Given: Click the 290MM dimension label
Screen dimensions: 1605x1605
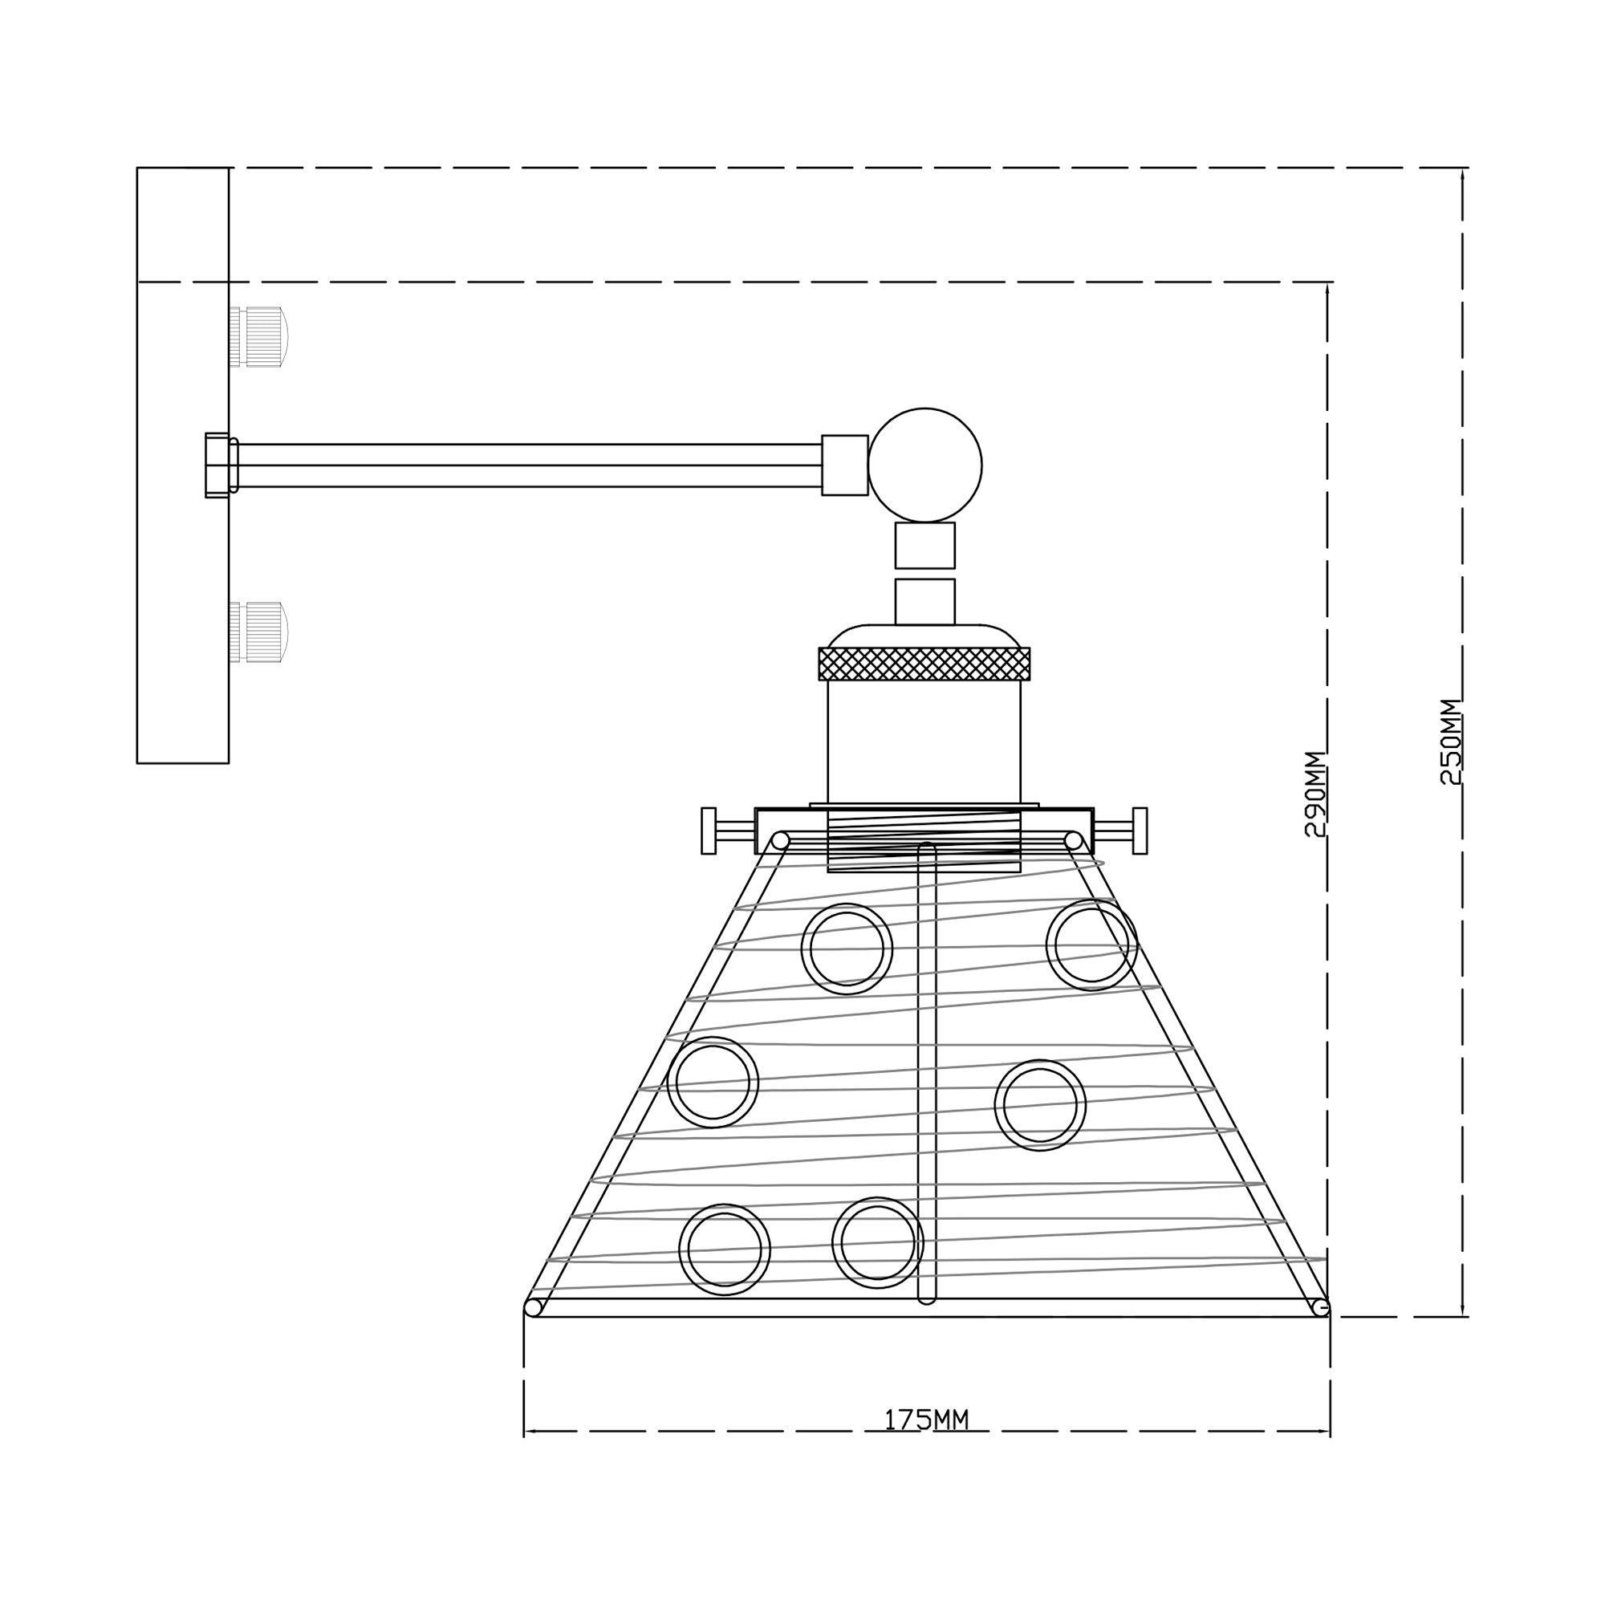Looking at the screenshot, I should point(1314,794).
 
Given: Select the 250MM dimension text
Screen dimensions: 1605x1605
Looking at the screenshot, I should point(1450,741).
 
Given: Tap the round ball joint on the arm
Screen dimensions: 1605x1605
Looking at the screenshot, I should point(924,465).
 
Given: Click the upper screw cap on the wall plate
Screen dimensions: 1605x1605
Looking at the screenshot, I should point(259,337).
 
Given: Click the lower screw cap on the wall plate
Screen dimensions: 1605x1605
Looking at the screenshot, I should point(259,632).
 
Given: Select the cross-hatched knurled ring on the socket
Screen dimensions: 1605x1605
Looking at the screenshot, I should point(924,663).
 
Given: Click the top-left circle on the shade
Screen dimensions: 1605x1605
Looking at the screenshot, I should point(847,949).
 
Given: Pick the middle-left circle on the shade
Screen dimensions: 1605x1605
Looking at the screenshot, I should point(713,1082).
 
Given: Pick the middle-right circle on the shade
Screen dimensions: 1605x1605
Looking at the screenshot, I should point(1040,1105).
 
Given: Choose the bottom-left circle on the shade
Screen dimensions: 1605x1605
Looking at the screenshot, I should point(725,1249).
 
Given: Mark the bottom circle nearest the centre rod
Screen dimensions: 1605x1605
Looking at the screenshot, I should point(877,1242).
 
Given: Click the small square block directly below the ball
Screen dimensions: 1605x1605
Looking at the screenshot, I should point(924,545).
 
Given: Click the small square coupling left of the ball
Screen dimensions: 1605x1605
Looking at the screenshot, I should point(845,465).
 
